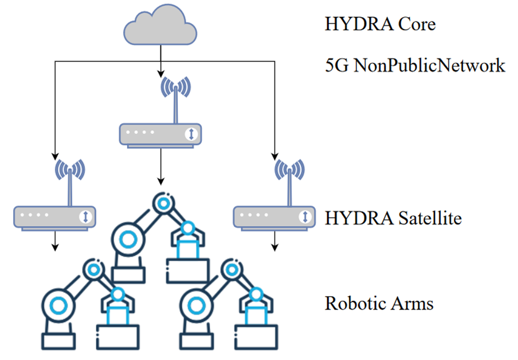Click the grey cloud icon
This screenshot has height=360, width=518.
161,26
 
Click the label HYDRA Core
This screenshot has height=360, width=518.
380,24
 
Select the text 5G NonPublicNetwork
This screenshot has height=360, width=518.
415,65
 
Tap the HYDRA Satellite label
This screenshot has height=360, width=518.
393,218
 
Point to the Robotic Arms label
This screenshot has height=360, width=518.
379,303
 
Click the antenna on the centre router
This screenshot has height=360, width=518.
175,96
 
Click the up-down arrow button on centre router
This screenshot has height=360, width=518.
191,135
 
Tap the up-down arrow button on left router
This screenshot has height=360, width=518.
86,216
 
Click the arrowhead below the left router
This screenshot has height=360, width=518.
55,248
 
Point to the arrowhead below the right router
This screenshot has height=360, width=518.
274,248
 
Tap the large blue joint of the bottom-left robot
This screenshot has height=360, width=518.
57,306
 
